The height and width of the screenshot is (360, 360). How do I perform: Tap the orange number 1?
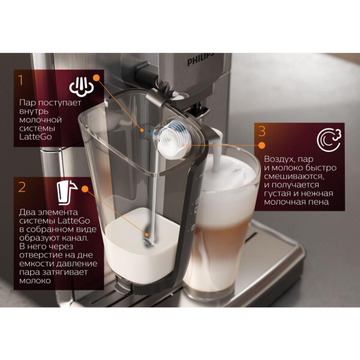21,80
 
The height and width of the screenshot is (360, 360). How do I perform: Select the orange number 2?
22,187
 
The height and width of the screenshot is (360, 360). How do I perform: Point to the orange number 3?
262,131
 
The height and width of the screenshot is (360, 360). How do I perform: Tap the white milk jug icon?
67,193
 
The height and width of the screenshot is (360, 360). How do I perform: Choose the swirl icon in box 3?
329,140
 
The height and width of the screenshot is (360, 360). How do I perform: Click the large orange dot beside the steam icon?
97,77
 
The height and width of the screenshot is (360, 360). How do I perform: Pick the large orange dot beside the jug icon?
85,189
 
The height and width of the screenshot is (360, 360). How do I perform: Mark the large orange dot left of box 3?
262,145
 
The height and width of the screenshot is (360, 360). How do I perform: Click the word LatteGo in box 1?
35,137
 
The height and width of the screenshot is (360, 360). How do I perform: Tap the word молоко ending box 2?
35,281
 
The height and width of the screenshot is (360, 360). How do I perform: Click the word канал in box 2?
75,238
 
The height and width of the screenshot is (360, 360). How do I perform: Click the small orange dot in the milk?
146,235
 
